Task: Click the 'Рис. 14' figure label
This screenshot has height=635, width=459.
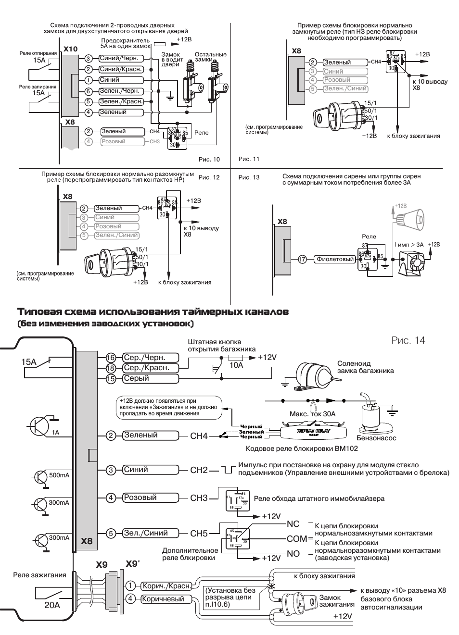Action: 408,340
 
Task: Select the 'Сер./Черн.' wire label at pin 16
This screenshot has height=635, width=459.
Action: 144,358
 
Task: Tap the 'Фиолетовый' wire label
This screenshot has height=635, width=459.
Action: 335,259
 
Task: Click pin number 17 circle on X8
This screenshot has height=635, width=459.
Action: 303,259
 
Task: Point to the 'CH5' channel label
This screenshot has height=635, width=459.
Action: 199,533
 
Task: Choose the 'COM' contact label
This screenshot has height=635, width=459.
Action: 296,539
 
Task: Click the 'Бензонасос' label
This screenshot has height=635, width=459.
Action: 376,438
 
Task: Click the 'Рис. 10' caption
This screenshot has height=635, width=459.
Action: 209,159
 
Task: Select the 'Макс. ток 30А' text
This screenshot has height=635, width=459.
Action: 312,414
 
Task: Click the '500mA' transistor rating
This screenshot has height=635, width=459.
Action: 59,475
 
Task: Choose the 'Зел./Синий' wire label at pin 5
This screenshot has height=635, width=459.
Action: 146,533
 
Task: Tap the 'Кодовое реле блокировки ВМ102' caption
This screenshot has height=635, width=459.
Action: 302,448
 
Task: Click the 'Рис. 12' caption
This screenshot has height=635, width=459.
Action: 209,177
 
